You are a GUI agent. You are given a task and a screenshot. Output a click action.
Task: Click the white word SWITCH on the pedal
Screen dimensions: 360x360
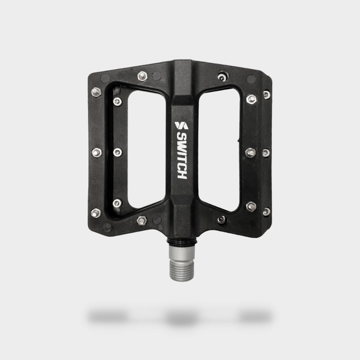tap(182, 156)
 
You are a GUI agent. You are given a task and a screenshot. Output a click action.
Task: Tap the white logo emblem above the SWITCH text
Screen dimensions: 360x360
tap(181, 126)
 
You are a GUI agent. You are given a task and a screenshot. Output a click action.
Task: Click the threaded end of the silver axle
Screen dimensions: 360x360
tap(182, 271)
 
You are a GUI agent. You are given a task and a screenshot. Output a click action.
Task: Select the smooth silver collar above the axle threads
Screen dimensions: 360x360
tap(182, 253)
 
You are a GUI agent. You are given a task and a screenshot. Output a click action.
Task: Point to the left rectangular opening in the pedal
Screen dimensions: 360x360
tap(147, 149)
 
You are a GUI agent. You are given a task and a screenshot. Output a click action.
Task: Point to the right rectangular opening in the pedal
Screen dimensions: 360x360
tap(219, 150)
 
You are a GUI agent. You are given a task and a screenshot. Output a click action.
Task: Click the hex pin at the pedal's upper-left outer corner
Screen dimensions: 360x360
tap(96, 92)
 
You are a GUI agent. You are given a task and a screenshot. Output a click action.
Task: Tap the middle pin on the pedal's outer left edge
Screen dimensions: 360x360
tap(97, 153)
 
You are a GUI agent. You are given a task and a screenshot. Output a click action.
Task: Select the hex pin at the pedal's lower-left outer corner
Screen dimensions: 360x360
tap(96, 213)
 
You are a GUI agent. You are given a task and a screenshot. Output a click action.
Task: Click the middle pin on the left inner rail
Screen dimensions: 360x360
tap(117, 152)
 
